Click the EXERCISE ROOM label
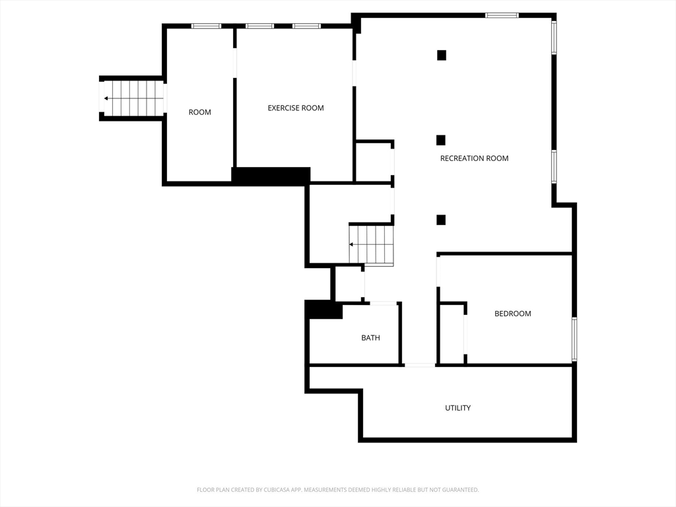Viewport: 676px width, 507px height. click(296, 108)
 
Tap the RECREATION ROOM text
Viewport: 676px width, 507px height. click(474, 158)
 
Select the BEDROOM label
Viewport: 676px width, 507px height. click(512, 314)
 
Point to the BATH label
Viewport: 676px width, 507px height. click(371, 337)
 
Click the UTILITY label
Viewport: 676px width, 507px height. click(458, 408)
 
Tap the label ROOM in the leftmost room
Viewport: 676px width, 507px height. click(199, 112)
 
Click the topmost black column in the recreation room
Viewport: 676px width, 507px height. click(442, 55)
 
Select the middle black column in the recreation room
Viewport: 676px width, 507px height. click(440, 140)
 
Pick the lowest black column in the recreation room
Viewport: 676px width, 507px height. click(440, 220)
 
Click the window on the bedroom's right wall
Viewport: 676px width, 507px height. click(574, 339)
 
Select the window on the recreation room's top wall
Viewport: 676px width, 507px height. click(502, 16)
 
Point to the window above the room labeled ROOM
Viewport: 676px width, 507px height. click(206, 26)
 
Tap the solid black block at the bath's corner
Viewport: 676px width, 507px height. click(323, 310)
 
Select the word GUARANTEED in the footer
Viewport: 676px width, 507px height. click(462, 490)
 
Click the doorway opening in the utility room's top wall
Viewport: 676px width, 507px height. click(420, 365)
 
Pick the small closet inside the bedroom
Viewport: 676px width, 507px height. click(452, 334)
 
